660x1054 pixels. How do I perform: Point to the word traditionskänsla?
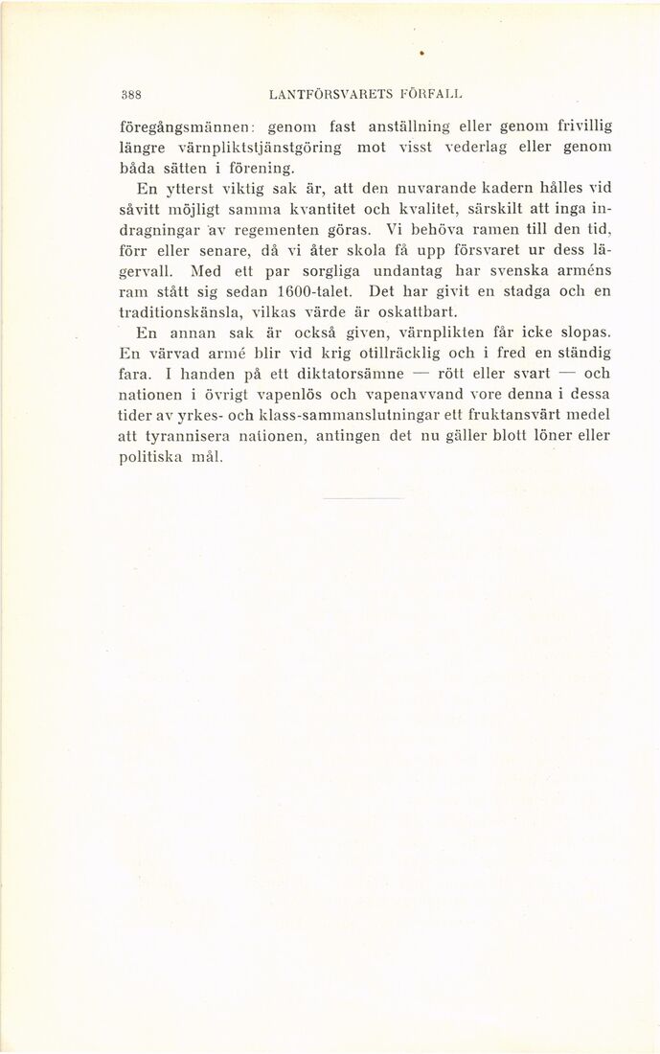click(181, 312)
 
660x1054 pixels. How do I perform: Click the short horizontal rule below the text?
click(364, 498)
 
